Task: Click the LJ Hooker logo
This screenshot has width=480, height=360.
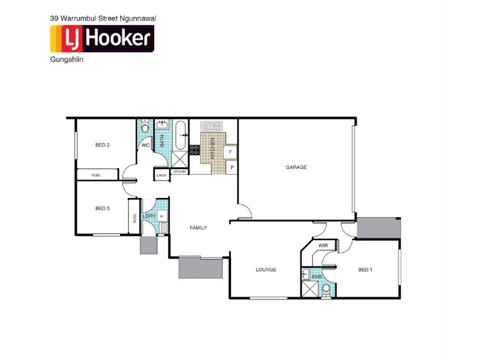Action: (x=102, y=38)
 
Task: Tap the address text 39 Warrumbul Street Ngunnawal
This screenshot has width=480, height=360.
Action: (x=103, y=19)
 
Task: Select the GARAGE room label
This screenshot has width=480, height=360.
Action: (x=296, y=167)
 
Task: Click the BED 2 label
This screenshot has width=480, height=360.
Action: (x=102, y=145)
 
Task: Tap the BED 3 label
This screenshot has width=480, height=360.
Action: (x=102, y=208)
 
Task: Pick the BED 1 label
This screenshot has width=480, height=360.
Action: (x=365, y=269)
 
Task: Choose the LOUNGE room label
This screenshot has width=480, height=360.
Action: (x=266, y=269)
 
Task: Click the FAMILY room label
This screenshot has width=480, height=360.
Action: (x=198, y=228)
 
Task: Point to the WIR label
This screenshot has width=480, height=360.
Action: (x=322, y=246)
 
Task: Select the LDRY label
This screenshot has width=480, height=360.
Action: (x=149, y=216)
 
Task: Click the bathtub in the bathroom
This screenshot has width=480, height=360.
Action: (x=180, y=136)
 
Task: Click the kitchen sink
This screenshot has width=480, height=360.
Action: (x=211, y=126)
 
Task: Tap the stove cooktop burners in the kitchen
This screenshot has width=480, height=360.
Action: (x=194, y=150)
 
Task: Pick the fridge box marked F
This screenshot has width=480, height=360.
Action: (x=231, y=152)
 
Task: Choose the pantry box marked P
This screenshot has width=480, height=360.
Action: (x=232, y=168)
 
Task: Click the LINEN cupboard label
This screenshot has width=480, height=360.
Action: (x=161, y=175)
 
